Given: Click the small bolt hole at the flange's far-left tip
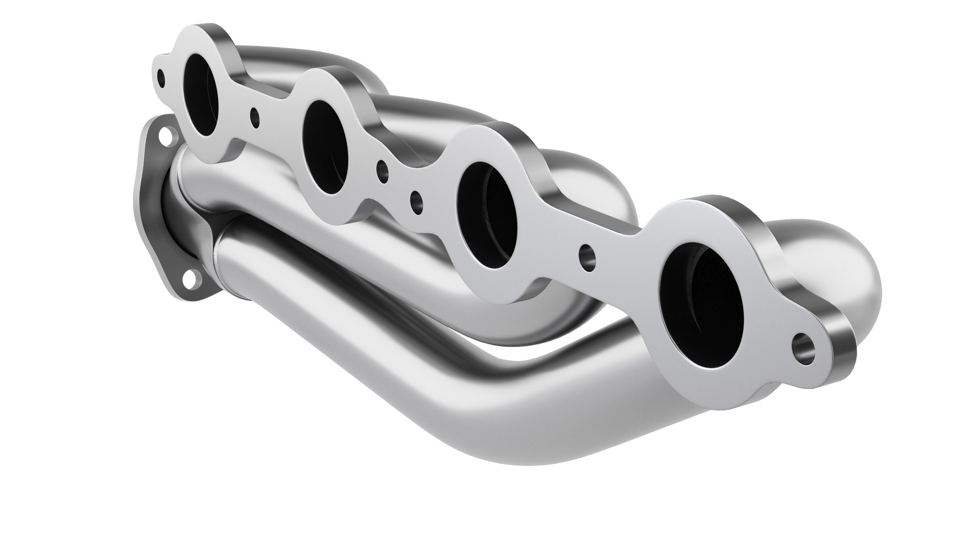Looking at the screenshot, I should click(x=161, y=79).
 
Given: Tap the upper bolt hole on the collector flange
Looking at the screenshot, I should click(x=164, y=136).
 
